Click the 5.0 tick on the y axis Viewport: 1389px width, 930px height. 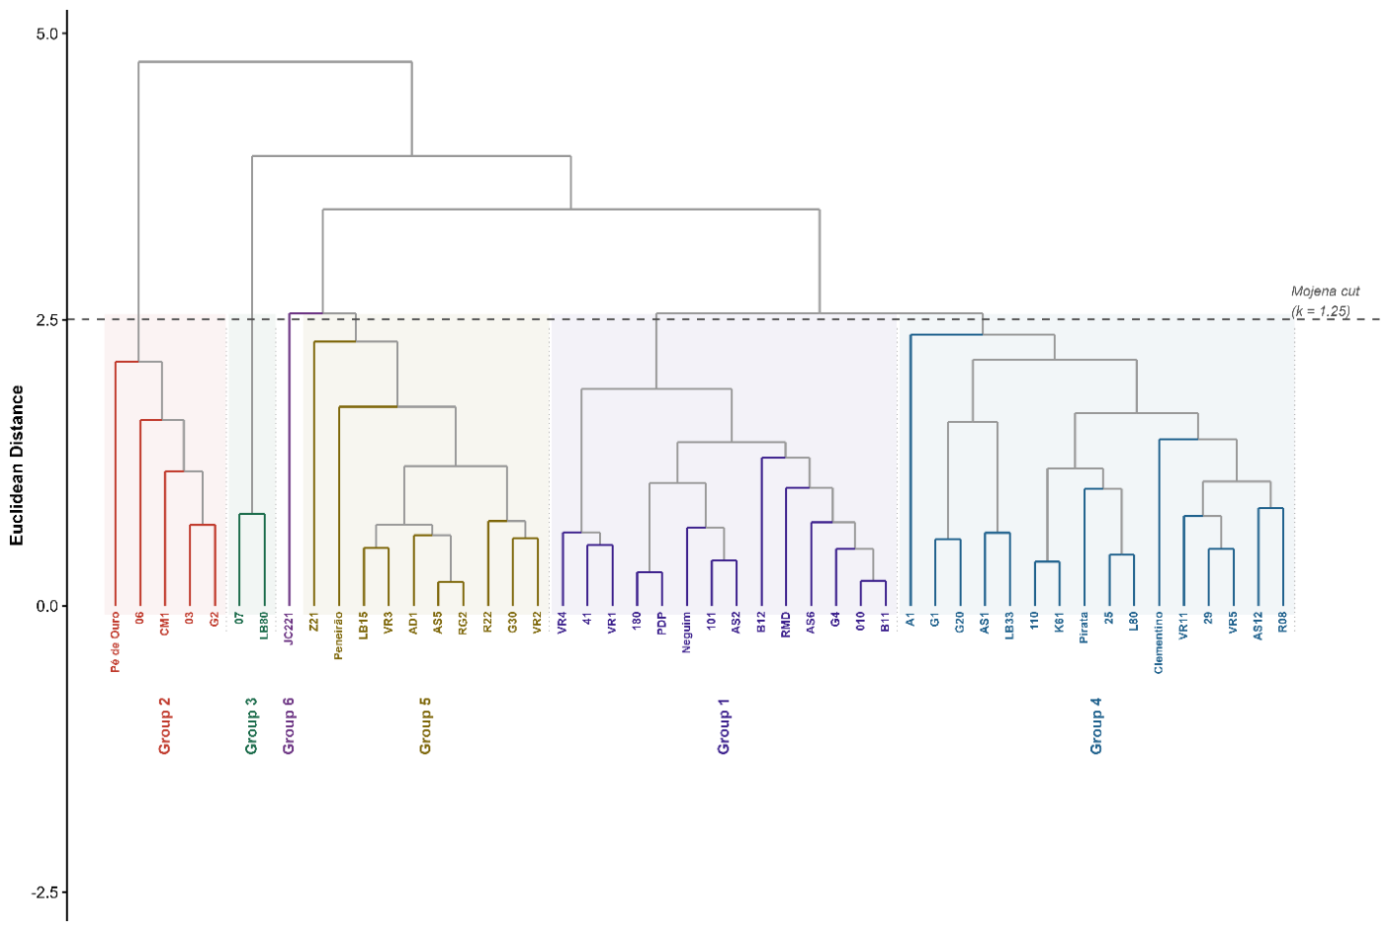tap(64, 34)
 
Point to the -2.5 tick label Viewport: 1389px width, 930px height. tap(44, 892)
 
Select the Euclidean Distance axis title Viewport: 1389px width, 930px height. tap(17, 465)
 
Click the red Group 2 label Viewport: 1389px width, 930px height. tap(164, 726)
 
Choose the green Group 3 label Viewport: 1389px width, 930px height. tap(251, 726)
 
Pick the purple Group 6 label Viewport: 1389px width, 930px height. tap(289, 726)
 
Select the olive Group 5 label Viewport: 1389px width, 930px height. tap(425, 726)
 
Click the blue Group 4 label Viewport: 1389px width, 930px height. tap(1096, 726)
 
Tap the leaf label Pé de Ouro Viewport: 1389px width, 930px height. tap(116, 642)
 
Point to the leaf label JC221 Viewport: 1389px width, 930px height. tap(289, 629)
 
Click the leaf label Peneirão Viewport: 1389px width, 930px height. tap(338, 636)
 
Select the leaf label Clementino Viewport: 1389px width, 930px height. tap(1159, 643)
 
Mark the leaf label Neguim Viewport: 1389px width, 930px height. tap(686, 633)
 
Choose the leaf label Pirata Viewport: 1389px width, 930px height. tap(1084, 628)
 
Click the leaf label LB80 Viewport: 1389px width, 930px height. tap(264, 626)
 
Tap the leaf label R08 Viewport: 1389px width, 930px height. tap(1283, 623)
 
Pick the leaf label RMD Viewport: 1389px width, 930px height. tap(786, 625)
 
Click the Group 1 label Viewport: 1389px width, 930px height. tap(724, 726)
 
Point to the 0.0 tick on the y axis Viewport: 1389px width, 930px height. tap(64, 606)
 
